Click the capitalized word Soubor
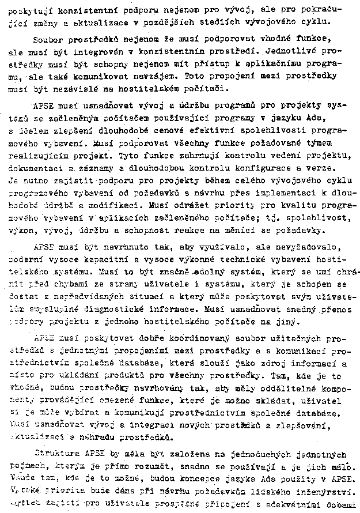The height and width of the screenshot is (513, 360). coord(50,39)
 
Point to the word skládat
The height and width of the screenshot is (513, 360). coord(284,402)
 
